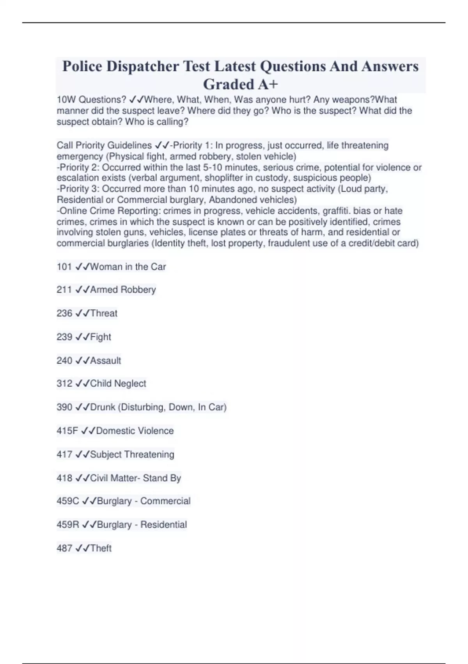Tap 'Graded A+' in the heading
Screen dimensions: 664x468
click(241, 84)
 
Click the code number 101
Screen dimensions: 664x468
click(64, 267)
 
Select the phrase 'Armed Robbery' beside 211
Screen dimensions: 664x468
click(123, 290)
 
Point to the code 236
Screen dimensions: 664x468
click(64, 313)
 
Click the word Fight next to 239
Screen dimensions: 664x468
click(101, 337)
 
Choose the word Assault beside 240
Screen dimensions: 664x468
click(105, 361)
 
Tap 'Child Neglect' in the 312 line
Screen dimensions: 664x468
click(118, 384)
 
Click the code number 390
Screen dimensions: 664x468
click(64, 407)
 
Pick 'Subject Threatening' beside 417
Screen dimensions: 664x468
click(132, 454)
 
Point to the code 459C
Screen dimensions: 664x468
click(68, 501)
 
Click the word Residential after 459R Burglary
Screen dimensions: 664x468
click(163, 525)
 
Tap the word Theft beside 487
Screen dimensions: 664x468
click(101, 548)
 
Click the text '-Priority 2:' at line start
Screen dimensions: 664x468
click(78, 168)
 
